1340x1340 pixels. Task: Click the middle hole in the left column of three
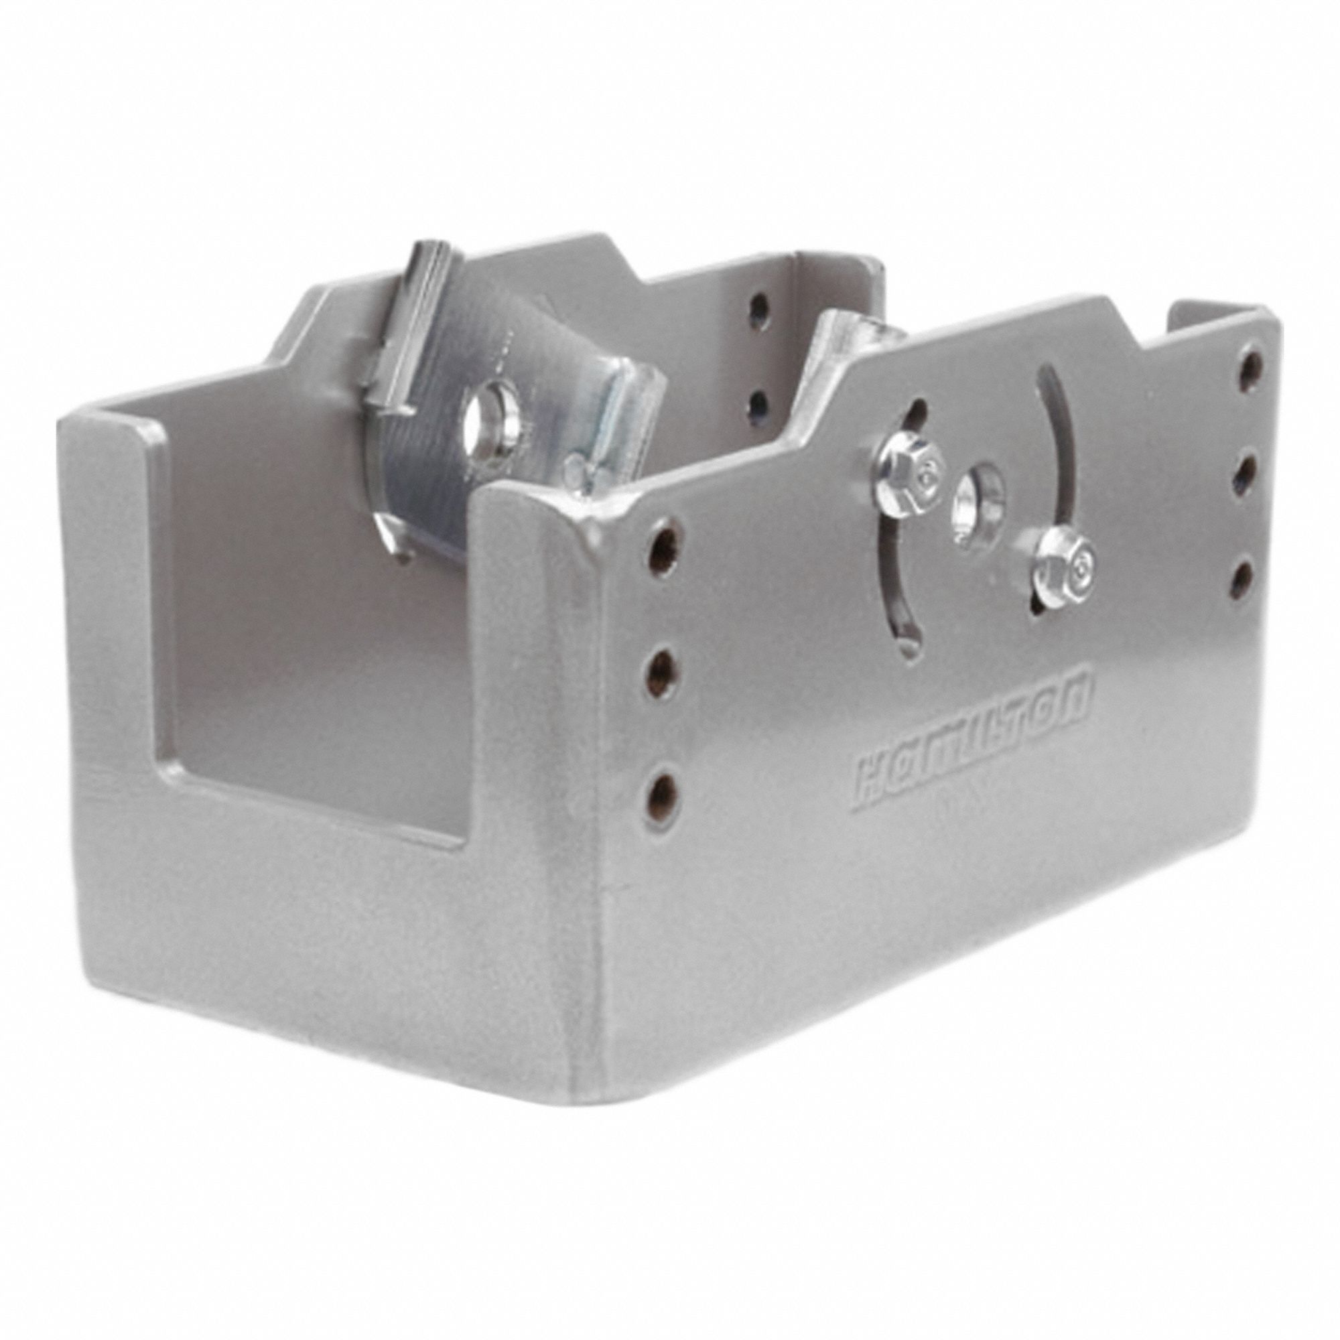[x=665, y=669]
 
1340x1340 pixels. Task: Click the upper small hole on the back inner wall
[x=762, y=304]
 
